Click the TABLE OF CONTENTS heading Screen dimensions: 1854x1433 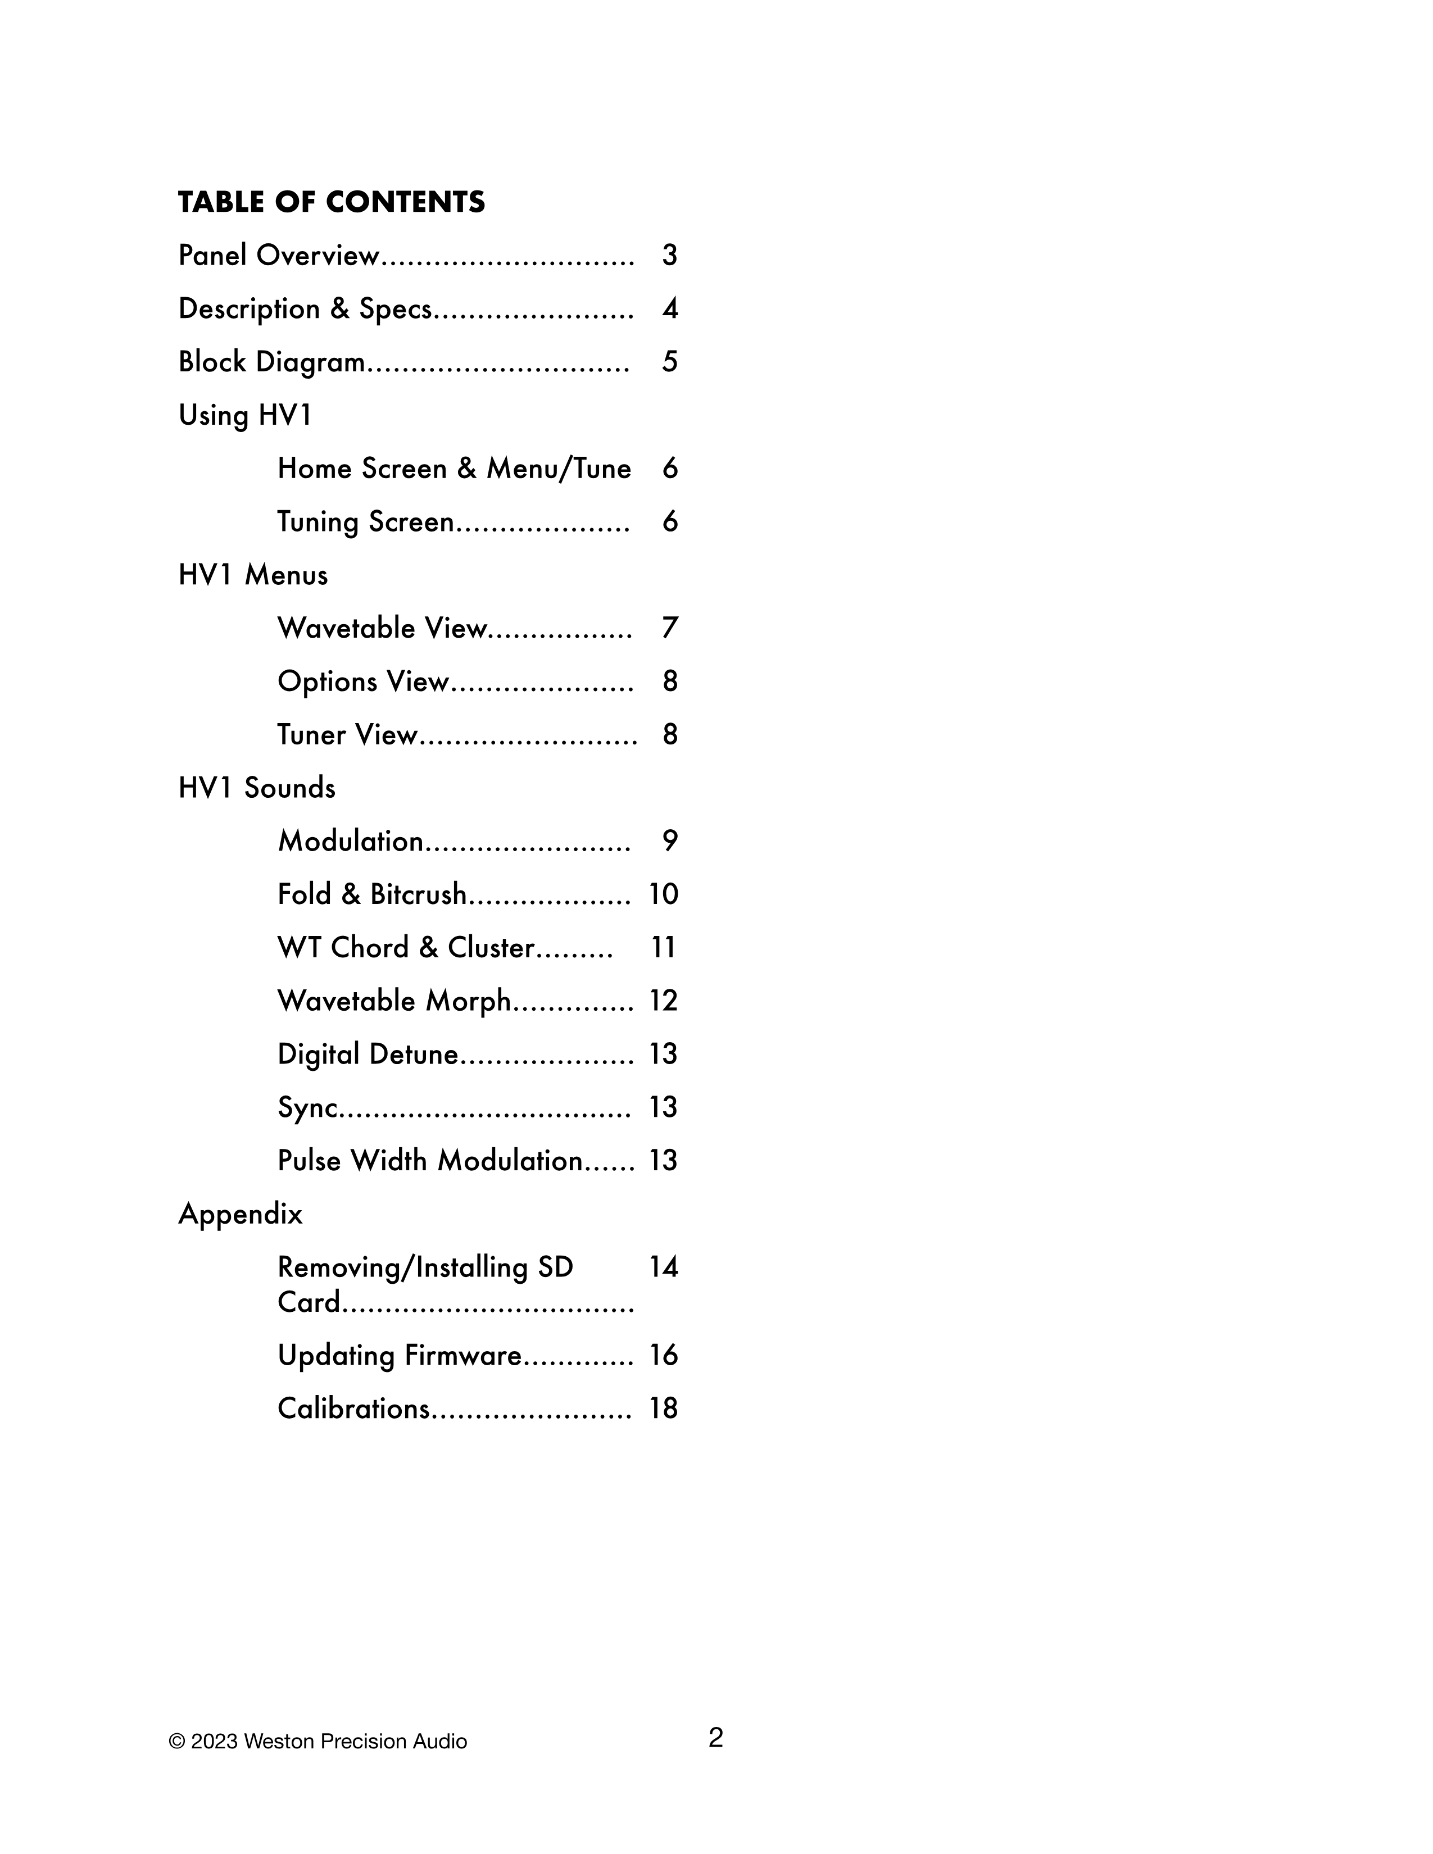coord(331,202)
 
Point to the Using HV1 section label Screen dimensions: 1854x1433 coord(246,416)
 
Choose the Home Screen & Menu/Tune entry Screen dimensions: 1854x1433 coord(454,469)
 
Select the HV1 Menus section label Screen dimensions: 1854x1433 coord(253,575)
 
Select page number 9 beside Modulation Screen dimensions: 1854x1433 coord(670,841)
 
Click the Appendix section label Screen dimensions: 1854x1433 coord(241,1215)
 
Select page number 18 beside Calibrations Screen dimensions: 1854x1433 coord(663,1409)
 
